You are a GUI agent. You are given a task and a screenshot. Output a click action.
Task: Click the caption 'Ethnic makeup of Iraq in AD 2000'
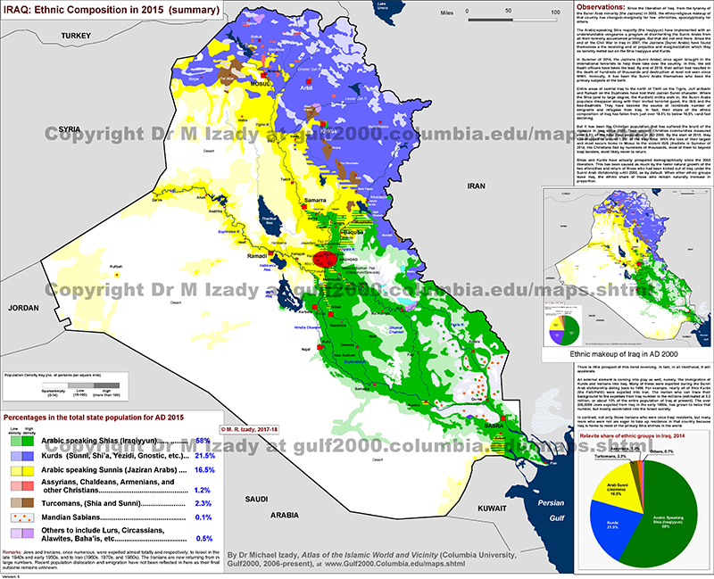[x=628, y=353]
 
